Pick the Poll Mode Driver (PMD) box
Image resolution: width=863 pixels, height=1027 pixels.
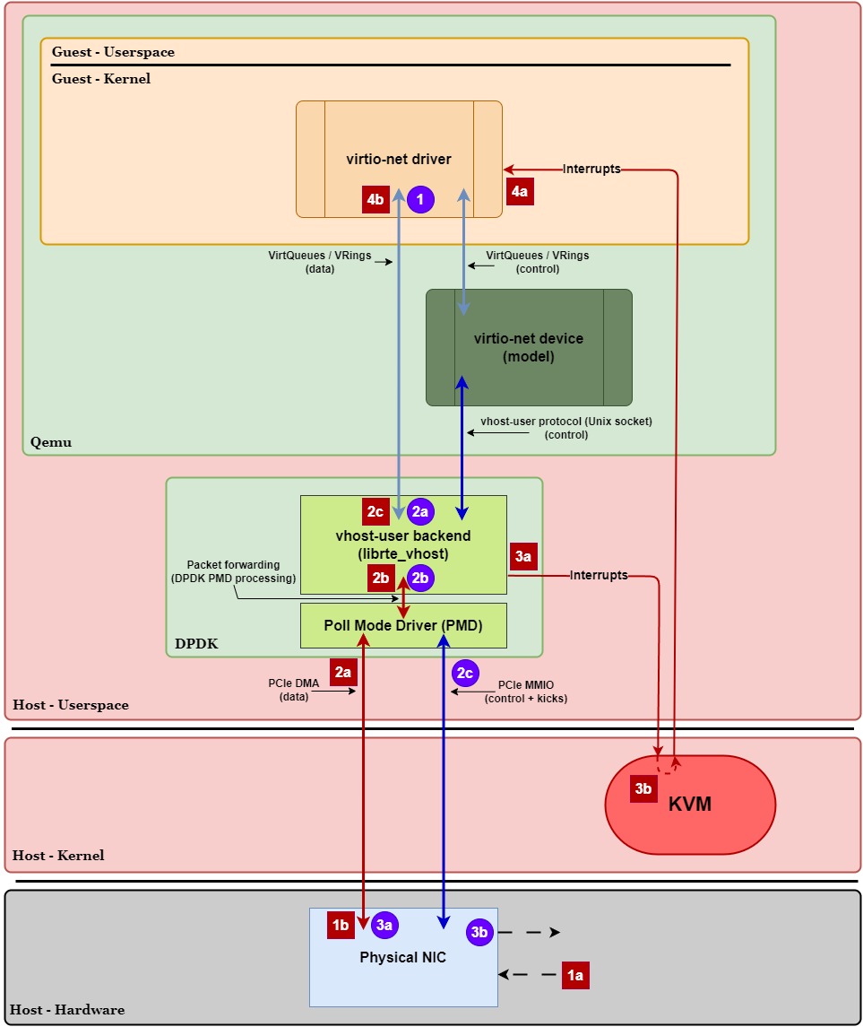(403, 625)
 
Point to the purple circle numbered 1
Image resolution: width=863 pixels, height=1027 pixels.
(420, 199)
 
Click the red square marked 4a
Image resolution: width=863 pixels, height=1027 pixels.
(520, 191)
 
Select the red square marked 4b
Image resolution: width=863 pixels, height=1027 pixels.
(375, 199)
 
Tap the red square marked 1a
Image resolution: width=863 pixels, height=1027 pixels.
(575, 975)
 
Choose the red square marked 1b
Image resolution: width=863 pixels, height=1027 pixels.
(341, 925)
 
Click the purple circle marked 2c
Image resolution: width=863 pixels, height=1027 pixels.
(465, 674)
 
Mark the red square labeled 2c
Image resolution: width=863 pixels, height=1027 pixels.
(375, 511)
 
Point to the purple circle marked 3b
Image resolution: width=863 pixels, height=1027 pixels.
(479, 932)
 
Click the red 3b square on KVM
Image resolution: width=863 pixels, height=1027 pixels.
(643, 788)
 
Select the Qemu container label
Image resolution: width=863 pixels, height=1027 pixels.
(50, 442)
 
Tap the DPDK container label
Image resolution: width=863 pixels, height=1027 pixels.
(196, 644)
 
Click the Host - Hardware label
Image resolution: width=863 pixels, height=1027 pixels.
(68, 1010)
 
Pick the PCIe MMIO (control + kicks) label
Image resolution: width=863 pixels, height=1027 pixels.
(526, 691)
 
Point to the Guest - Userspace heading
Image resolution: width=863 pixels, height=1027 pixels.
(113, 52)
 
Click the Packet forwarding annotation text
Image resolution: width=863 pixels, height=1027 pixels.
(233, 571)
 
